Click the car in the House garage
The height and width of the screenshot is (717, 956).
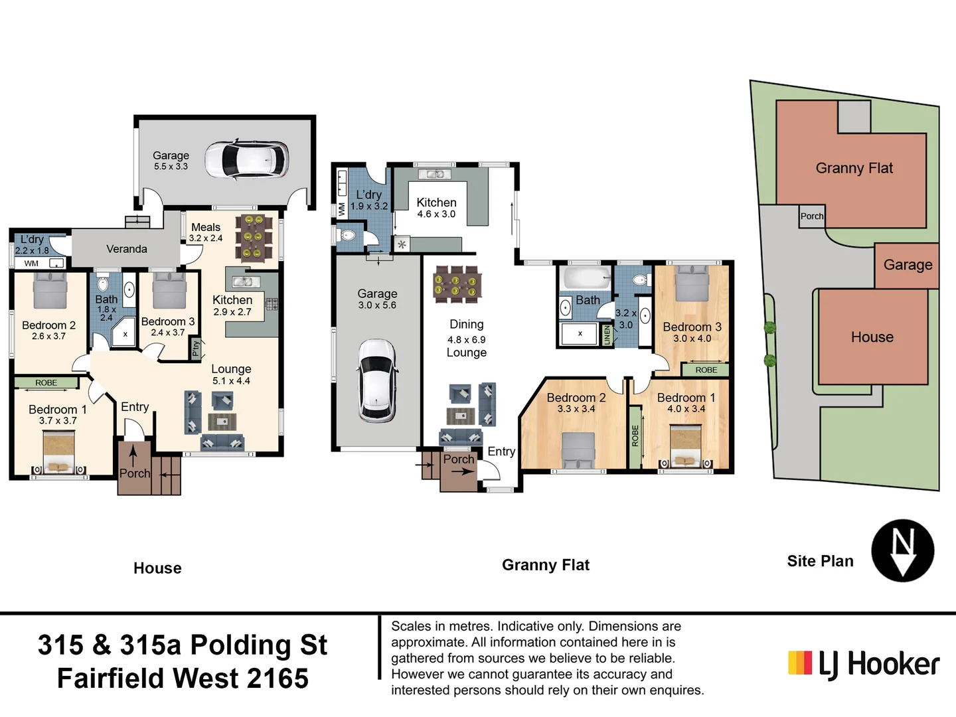(x=246, y=160)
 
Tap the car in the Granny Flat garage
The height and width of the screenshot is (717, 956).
(x=377, y=380)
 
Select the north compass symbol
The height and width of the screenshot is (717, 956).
(x=902, y=551)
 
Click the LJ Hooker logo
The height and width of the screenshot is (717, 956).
(x=864, y=664)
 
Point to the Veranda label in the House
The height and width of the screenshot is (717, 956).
(x=127, y=249)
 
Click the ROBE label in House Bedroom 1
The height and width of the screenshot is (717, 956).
(x=46, y=382)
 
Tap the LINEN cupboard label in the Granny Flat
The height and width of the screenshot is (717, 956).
(x=607, y=335)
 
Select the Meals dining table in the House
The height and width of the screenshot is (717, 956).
(x=253, y=237)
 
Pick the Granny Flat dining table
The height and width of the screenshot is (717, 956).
(x=457, y=284)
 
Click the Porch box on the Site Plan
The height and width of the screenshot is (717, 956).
(x=811, y=216)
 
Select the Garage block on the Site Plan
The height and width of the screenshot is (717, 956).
(x=907, y=265)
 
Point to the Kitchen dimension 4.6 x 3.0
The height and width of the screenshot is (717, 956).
(x=436, y=214)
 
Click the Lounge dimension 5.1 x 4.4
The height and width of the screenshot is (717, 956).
(x=231, y=381)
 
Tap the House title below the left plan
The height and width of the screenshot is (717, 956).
(x=157, y=568)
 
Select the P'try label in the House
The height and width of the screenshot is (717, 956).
(x=196, y=347)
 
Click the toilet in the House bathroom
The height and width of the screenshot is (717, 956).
(x=103, y=283)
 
